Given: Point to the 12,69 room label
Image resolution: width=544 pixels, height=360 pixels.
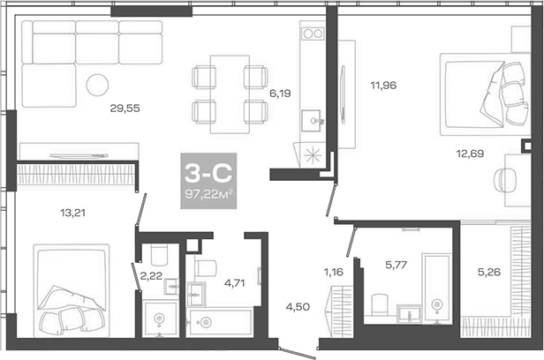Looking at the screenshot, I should [470, 153].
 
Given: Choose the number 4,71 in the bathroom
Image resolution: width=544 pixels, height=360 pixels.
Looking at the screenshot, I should [234, 283].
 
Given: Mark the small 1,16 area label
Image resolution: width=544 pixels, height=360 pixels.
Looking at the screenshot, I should [332, 272].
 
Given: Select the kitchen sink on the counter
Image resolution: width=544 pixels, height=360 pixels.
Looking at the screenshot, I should [312, 119].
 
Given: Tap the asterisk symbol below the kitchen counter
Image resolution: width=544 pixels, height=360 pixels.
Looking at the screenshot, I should [311, 153].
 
